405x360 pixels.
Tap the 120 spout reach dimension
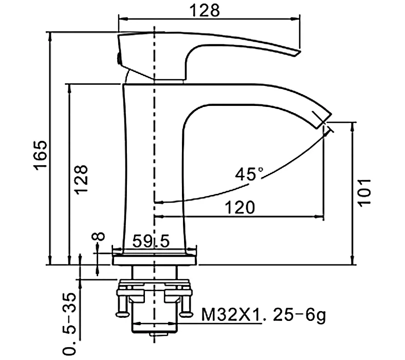(x=240, y=207)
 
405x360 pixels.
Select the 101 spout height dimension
(x=364, y=192)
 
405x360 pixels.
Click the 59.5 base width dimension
(x=151, y=241)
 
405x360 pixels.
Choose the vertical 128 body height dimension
(x=82, y=179)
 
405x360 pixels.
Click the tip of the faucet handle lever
(x=296, y=52)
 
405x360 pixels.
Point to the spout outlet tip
(x=325, y=123)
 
